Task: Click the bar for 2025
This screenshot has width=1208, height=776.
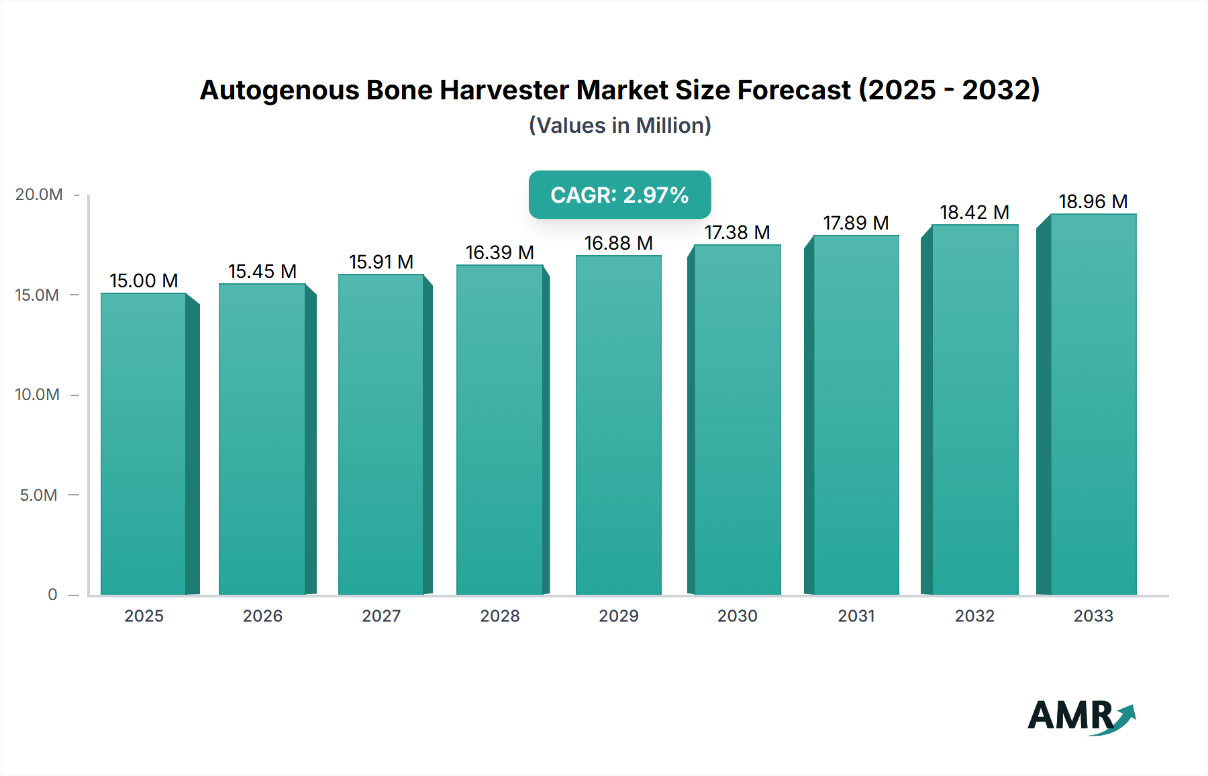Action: click(x=144, y=443)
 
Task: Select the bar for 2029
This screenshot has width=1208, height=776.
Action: click(x=618, y=424)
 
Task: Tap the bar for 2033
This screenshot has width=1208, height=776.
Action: click(x=1093, y=404)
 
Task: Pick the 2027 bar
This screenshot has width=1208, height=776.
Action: click(x=381, y=434)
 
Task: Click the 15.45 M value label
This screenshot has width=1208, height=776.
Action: click(x=262, y=271)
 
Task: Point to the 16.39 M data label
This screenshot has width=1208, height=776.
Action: click(x=500, y=252)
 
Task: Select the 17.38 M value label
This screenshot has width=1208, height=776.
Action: click(x=737, y=232)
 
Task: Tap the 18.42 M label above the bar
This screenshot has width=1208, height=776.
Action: click(x=974, y=212)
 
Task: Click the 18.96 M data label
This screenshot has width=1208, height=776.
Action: click(x=1093, y=201)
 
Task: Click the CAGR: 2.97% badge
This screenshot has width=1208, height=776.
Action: click(x=619, y=195)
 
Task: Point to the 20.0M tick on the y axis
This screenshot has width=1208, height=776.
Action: click(x=39, y=195)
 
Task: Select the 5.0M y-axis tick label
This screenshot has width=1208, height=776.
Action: click(x=39, y=495)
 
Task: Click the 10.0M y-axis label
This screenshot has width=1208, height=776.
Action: click(x=38, y=395)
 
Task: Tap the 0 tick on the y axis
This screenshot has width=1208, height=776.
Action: click(x=52, y=595)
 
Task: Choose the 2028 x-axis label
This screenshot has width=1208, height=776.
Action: click(x=500, y=616)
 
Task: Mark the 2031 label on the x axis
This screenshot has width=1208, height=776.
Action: click(x=856, y=616)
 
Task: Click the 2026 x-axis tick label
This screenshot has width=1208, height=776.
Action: click(x=262, y=616)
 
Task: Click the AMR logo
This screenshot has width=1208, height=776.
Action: click(x=1081, y=716)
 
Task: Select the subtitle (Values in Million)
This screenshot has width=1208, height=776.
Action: click(x=619, y=126)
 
